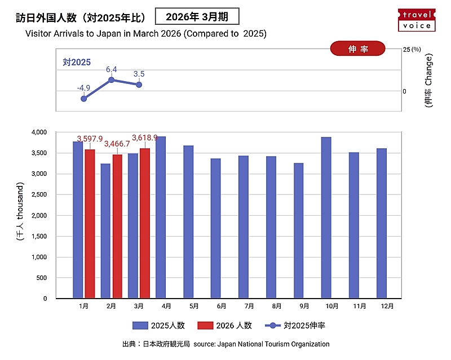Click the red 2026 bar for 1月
(x=90, y=224)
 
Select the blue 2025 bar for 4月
(x=161, y=217)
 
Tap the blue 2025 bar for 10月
(x=326, y=217)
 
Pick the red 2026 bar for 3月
(x=145, y=223)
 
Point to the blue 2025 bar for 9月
(x=299, y=231)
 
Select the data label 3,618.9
(x=145, y=137)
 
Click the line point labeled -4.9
(x=84, y=99)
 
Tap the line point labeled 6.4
(x=112, y=80)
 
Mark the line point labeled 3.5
(x=139, y=85)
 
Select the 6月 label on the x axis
(x=221, y=306)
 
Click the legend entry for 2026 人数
(x=225, y=326)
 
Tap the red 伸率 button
(x=357, y=49)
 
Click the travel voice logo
(x=417, y=20)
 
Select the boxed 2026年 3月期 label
(x=197, y=16)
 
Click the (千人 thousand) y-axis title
(x=20, y=212)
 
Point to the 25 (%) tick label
(x=412, y=50)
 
